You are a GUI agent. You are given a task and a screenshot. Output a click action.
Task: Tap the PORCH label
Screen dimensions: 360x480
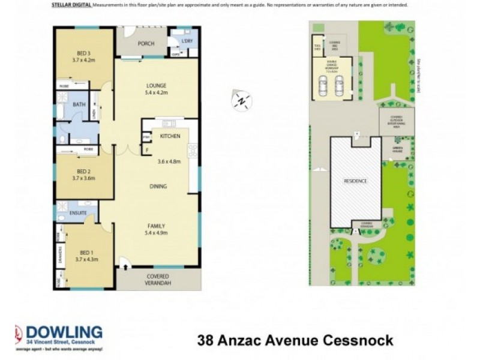146,44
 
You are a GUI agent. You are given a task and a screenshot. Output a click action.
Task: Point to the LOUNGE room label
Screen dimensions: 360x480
156,85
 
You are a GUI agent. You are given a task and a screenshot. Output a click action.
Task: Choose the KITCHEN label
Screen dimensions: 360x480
170,136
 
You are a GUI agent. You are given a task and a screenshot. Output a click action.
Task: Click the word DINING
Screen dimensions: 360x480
158,186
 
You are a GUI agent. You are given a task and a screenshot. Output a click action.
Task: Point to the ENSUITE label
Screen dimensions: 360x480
78,213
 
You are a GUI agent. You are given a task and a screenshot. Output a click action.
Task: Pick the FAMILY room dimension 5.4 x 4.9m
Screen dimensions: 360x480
157,233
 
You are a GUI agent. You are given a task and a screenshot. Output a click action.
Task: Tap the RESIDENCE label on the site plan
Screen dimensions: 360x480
355,181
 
